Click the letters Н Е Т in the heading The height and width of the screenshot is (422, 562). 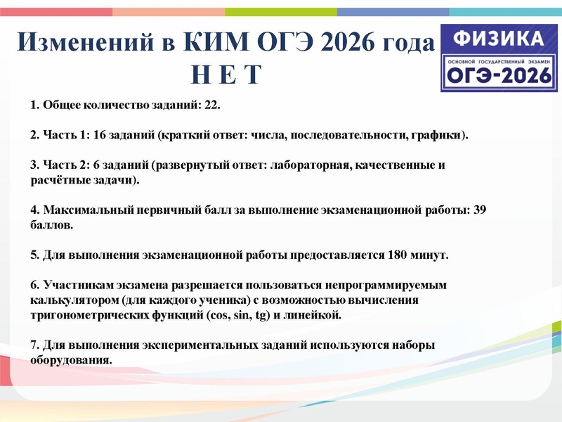[x=226, y=72]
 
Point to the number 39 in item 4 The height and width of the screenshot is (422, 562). [x=480, y=211]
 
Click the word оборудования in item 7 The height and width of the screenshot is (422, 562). [x=70, y=359]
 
